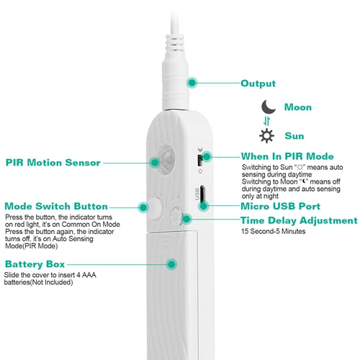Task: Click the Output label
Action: click(x=258, y=84)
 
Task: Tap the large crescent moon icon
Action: click(x=268, y=107)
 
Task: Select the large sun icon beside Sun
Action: click(x=266, y=136)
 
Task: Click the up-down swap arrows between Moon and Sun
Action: click(x=266, y=121)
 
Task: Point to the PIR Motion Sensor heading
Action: click(x=53, y=163)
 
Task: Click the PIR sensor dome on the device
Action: click(x=166, y=159)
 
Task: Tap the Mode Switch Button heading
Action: click(x=56, y=206)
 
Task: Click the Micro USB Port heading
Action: click(x=280, y=206)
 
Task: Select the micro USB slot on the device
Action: click(x=202, y=194)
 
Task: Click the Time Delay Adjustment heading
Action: click(x=299, y=221)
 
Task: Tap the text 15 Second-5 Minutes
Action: click(x=273, y=231)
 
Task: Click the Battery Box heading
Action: click(x=35, y=264)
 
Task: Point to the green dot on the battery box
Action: click(x=171, y=264)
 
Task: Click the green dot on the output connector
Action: click(x=192, y=83)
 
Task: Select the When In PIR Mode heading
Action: click(x=287, y=156)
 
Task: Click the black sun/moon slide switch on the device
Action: click(x=199, y=161)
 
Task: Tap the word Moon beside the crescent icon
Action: click(x=298, y=107)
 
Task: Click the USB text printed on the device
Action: click(x=197, y=194)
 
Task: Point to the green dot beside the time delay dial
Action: click(x=186, y=219)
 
